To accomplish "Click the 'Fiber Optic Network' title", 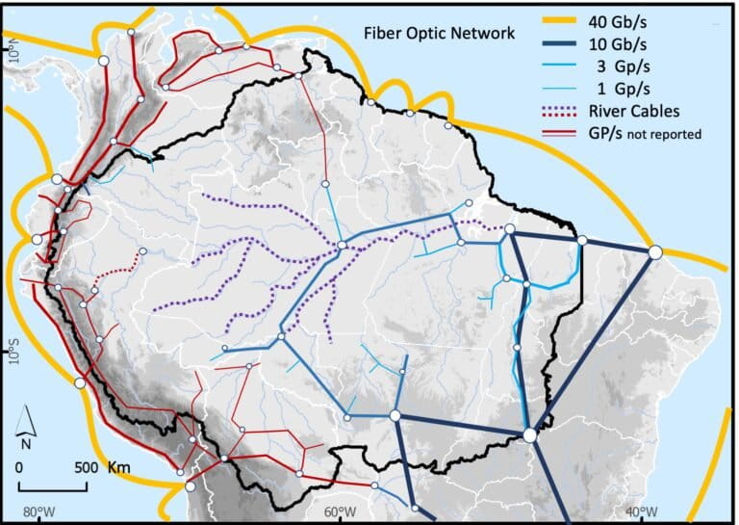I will (439, 33).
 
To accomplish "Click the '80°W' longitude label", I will (39, 512).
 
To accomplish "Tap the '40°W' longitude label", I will (640, 512).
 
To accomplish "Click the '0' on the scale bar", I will (21, 467).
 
